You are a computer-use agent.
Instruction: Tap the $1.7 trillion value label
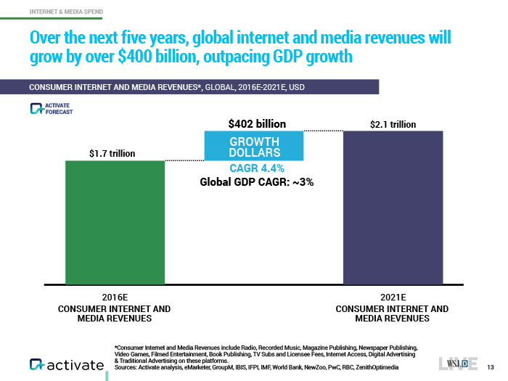[112, 153]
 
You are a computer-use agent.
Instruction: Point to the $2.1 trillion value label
[393, 124]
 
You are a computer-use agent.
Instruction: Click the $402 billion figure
[253, 124]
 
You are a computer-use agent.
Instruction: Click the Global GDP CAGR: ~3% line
[257, 182]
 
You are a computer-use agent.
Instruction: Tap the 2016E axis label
[114, 298]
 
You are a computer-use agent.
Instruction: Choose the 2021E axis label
[393, 298]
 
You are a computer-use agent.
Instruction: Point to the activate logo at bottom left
[66, 364]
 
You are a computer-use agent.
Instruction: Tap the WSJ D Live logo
[458, 362]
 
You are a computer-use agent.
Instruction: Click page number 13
[491, 365]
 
